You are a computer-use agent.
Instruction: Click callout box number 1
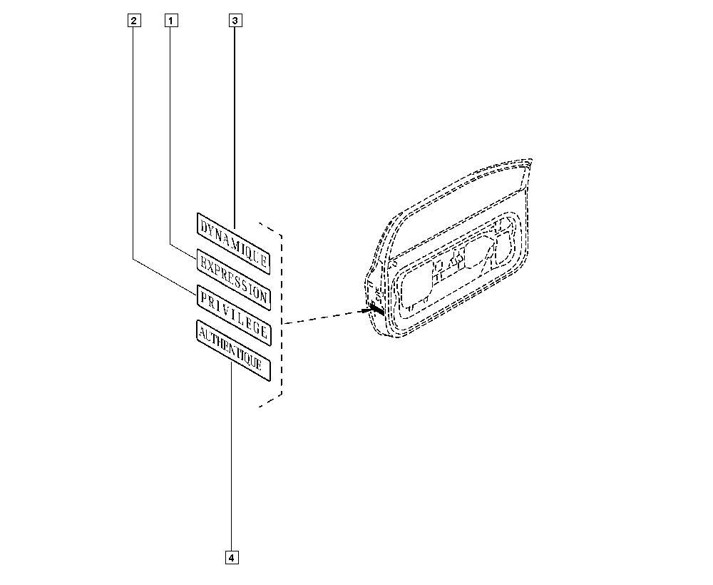pos(171,21)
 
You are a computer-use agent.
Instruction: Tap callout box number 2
pos(134,21)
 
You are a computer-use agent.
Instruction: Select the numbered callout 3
pos(235,21)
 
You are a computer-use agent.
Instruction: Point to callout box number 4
pos(232,557)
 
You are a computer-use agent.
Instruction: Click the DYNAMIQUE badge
pos(234,243)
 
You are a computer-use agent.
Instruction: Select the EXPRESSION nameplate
pos(234,280)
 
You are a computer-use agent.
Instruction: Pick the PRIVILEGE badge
pos(234,315)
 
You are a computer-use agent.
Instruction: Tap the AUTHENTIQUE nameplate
pos(234,350)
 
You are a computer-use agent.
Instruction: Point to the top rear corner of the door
pos(530,161)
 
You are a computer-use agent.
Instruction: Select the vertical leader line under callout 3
pos(235,128)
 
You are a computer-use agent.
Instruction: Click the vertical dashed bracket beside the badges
pos(282,315)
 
